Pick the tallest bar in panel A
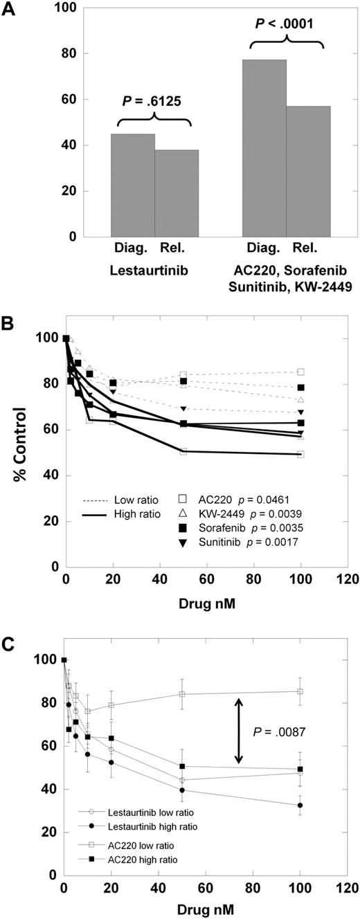click(264, 148)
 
